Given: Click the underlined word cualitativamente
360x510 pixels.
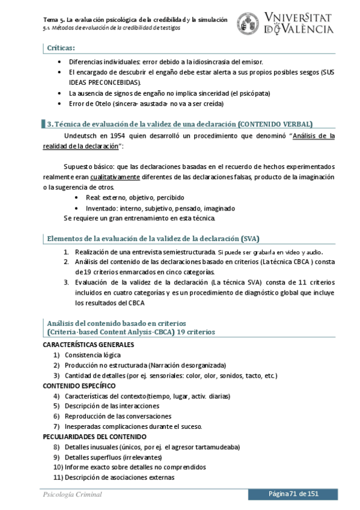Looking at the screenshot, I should [x=115, y=177].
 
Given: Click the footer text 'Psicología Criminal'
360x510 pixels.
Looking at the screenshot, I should [x=72, y=494].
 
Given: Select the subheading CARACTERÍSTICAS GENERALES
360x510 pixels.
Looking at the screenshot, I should [x=88, y=345].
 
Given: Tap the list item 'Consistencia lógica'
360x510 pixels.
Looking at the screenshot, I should [x=93, y=355].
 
